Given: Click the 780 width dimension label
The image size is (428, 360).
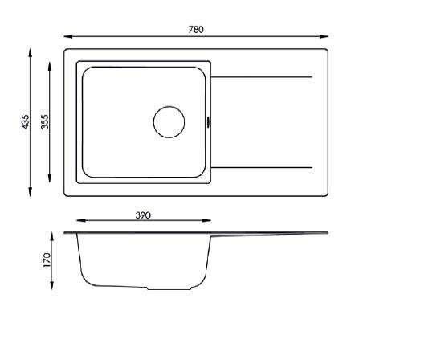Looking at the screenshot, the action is point(196,29).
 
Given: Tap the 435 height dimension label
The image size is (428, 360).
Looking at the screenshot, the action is point(25,122).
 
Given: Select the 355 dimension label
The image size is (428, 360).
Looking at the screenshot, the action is point(44,122).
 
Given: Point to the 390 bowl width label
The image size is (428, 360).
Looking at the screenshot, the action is point(143,215).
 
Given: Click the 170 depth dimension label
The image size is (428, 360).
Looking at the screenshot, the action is point(47,260).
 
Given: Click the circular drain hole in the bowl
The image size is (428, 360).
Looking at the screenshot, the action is point(169,122).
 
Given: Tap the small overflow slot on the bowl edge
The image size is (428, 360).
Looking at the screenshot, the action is point(209,122).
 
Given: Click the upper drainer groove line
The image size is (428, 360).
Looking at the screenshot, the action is point(262,77).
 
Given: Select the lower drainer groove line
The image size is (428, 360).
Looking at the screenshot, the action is point(262,167).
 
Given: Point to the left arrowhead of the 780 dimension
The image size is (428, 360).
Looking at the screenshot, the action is point(68,36).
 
